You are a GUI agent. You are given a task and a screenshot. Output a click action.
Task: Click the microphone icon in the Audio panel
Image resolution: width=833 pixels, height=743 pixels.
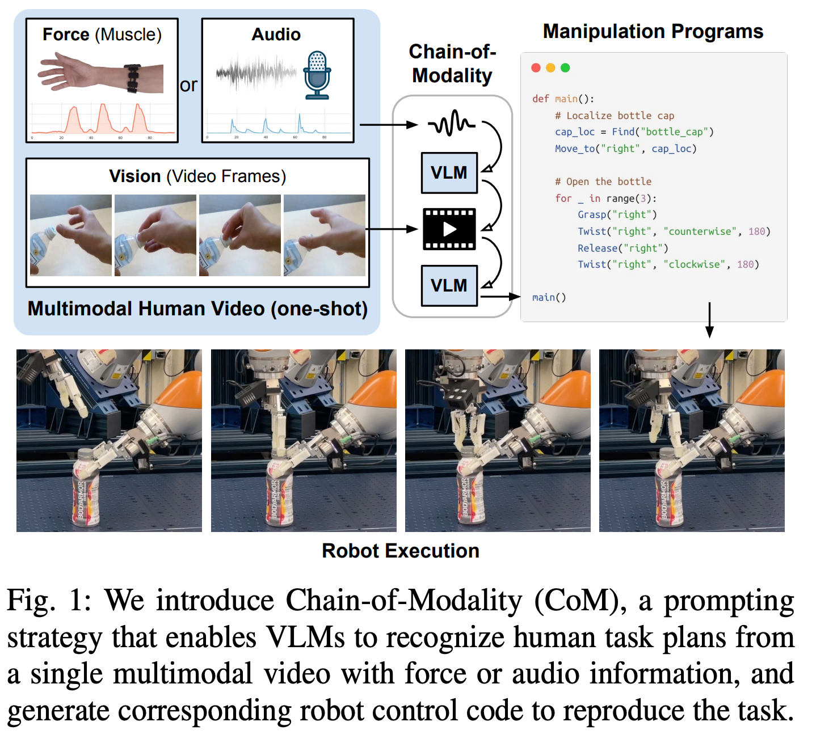[x=317, y=75]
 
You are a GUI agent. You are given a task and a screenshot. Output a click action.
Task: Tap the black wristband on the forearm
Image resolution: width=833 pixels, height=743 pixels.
[x=133, y=78]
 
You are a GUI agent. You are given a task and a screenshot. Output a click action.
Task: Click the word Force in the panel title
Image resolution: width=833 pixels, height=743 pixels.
[x=66, y=35]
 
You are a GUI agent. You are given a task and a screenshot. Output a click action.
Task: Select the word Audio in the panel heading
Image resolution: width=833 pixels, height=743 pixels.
[x=276, y=35]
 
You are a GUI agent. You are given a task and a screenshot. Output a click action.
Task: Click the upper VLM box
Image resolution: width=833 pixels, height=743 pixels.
[x=449, y=172]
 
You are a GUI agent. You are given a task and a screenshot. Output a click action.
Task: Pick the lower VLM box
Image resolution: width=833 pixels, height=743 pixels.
[x=449, y=285]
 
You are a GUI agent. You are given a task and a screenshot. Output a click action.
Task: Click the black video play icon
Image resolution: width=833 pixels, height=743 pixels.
[x=449, y=229]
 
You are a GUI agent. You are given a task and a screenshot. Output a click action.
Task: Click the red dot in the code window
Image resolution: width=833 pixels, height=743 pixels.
[x=536, y=68]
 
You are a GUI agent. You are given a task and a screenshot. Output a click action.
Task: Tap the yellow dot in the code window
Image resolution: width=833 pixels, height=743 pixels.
[x=550, y=68]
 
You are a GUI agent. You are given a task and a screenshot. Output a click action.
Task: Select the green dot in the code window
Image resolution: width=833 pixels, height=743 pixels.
[x=565, y=68]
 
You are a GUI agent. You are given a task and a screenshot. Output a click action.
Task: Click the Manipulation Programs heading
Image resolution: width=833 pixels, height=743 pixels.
[x=653, y=32]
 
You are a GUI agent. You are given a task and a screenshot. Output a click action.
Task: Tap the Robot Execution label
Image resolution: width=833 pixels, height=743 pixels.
[x=401, y=551]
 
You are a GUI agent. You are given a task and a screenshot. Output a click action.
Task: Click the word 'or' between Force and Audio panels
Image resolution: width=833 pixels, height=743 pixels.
[x=189, y=86]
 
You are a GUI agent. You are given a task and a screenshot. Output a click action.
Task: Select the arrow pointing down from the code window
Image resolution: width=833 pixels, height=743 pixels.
[x=709, y=320]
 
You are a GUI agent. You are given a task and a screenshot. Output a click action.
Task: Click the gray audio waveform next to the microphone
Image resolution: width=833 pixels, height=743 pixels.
[x=256, y=73]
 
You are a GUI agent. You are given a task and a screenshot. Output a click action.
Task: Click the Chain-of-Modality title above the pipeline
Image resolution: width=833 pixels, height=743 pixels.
[x=452, y=64]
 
